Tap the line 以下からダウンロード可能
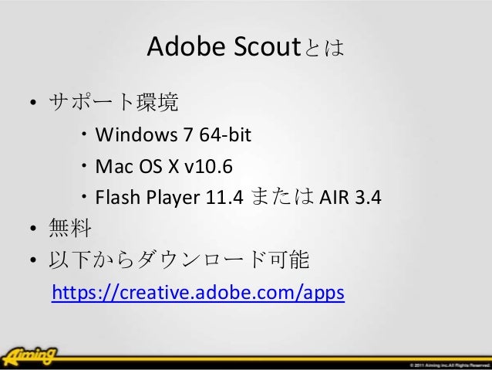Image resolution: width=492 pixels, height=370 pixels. coord(180,261)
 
